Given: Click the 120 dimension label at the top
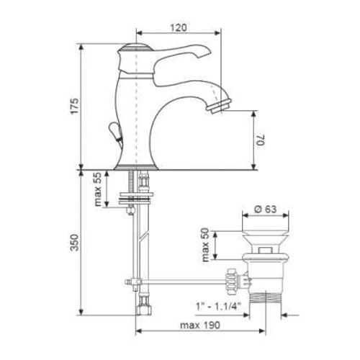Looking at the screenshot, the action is point(179,27).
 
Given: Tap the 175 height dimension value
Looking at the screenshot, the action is point(74,106).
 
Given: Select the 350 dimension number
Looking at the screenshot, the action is point(74,242).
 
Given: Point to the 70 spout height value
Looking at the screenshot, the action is point(261,140).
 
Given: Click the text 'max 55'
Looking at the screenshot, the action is point(98,189).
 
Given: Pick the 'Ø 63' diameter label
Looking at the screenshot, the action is point(266,209).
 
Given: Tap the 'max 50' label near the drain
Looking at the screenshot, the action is point(206,245).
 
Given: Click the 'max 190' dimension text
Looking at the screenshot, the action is point(200,325).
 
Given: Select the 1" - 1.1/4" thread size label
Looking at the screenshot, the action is point(218,307).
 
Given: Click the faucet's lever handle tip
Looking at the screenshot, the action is point(207,51).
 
